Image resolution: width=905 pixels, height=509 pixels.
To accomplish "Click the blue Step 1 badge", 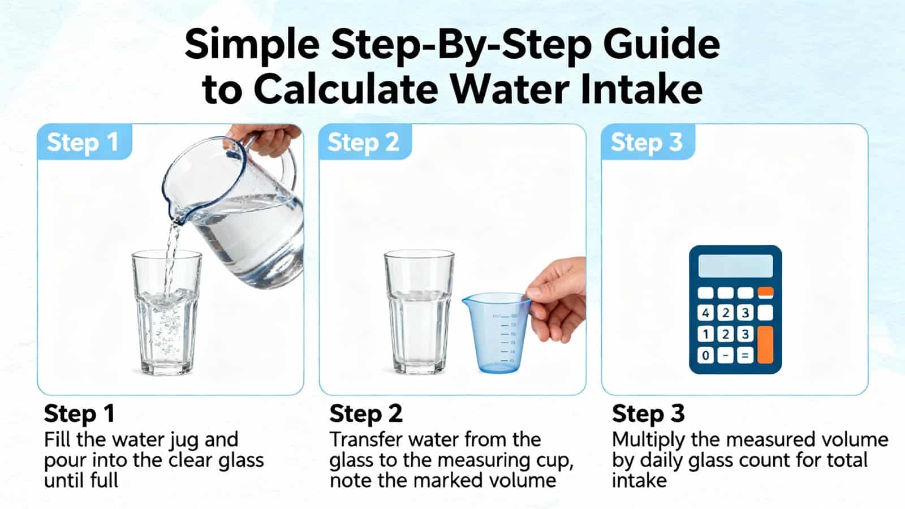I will click(x=83, y=142).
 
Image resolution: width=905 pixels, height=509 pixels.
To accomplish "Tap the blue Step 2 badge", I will click(x=364, y=142).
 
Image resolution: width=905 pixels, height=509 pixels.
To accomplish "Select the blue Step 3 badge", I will click(x=647, y=142).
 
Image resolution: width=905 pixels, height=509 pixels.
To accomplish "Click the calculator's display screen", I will click(x=735, y=266).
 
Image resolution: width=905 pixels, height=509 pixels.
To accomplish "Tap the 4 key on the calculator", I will click(x=705, y=313).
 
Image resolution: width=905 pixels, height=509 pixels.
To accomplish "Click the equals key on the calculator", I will click(x=745, y=356).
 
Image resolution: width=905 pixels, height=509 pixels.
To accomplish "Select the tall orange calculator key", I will click(x=765, y=344).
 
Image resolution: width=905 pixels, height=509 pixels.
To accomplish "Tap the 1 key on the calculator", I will click(x=705, y=334).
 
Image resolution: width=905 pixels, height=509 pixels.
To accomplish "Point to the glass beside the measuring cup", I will click(x=419, y=311).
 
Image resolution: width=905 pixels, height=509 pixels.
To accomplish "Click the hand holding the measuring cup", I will click(x=557, y=303).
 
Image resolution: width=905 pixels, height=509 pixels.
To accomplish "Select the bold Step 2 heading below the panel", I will click(x=365, y=413).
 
